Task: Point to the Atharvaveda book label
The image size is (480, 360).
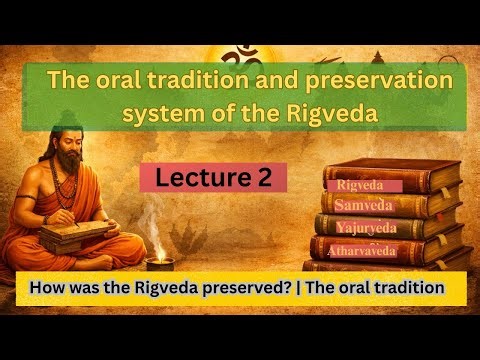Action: (x=362, y=250)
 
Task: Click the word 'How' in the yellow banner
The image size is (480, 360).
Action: (x=48, y=287)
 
